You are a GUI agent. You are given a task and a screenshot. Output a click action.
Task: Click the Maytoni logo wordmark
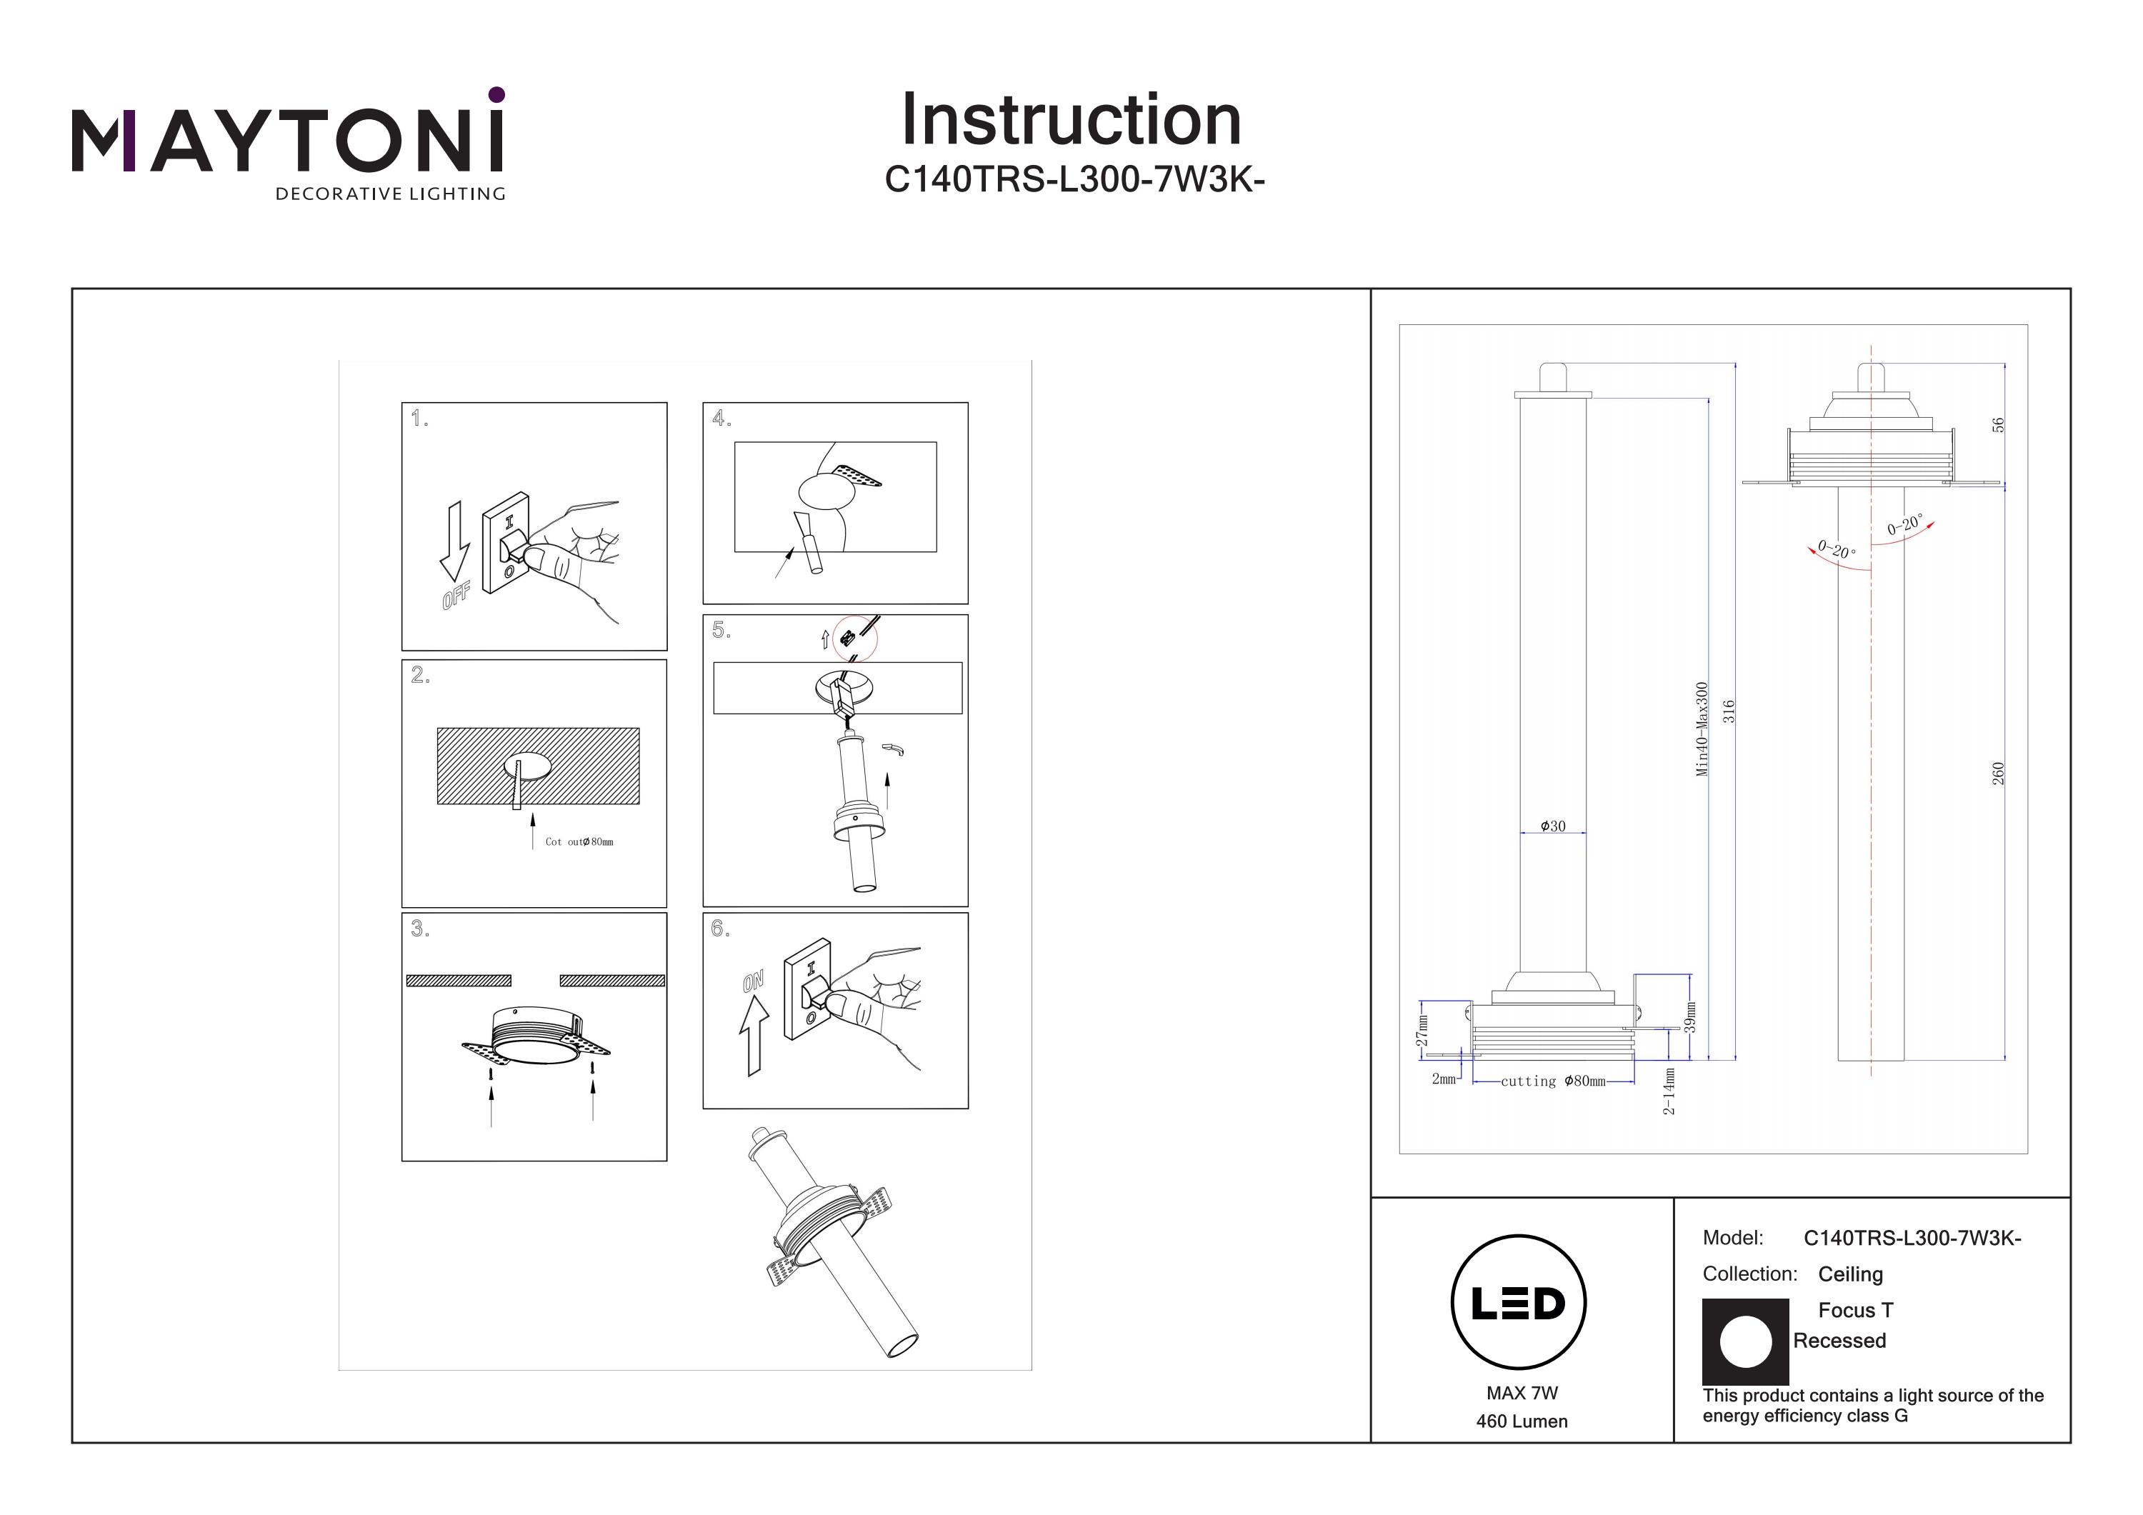[287, 140]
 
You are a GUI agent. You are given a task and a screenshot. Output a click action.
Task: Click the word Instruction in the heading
[1071, 121]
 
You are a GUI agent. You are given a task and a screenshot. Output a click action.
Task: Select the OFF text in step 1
[456, 594]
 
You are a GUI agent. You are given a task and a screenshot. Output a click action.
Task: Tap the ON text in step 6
[753, 981]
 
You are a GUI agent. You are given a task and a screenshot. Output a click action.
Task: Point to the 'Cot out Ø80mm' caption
[579, 842]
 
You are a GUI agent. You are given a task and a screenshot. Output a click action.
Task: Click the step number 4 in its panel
[721, 418]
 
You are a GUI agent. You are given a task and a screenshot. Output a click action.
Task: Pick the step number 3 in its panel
[420, 929]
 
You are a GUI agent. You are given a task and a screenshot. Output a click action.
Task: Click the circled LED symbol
[1519, 1303]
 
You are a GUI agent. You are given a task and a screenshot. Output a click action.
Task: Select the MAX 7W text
[1522, 1393]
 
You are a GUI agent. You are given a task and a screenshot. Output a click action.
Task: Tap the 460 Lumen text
[1522, 1421]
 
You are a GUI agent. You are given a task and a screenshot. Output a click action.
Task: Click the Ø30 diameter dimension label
[1553, 826]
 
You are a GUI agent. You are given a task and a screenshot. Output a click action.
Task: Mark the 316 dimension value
[1729, 711]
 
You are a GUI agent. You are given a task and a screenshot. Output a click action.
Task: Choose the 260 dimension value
[1998, 773]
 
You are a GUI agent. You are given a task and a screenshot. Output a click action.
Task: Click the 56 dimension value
[1997, 425]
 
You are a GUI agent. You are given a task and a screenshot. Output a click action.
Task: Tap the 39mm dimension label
[1689, 1017]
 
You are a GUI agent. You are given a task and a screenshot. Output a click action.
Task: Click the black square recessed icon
[1745, 1341]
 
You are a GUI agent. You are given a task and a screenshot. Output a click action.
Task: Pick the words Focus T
[1856, 1311]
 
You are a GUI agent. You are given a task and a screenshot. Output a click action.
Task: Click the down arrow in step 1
[454, 541]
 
